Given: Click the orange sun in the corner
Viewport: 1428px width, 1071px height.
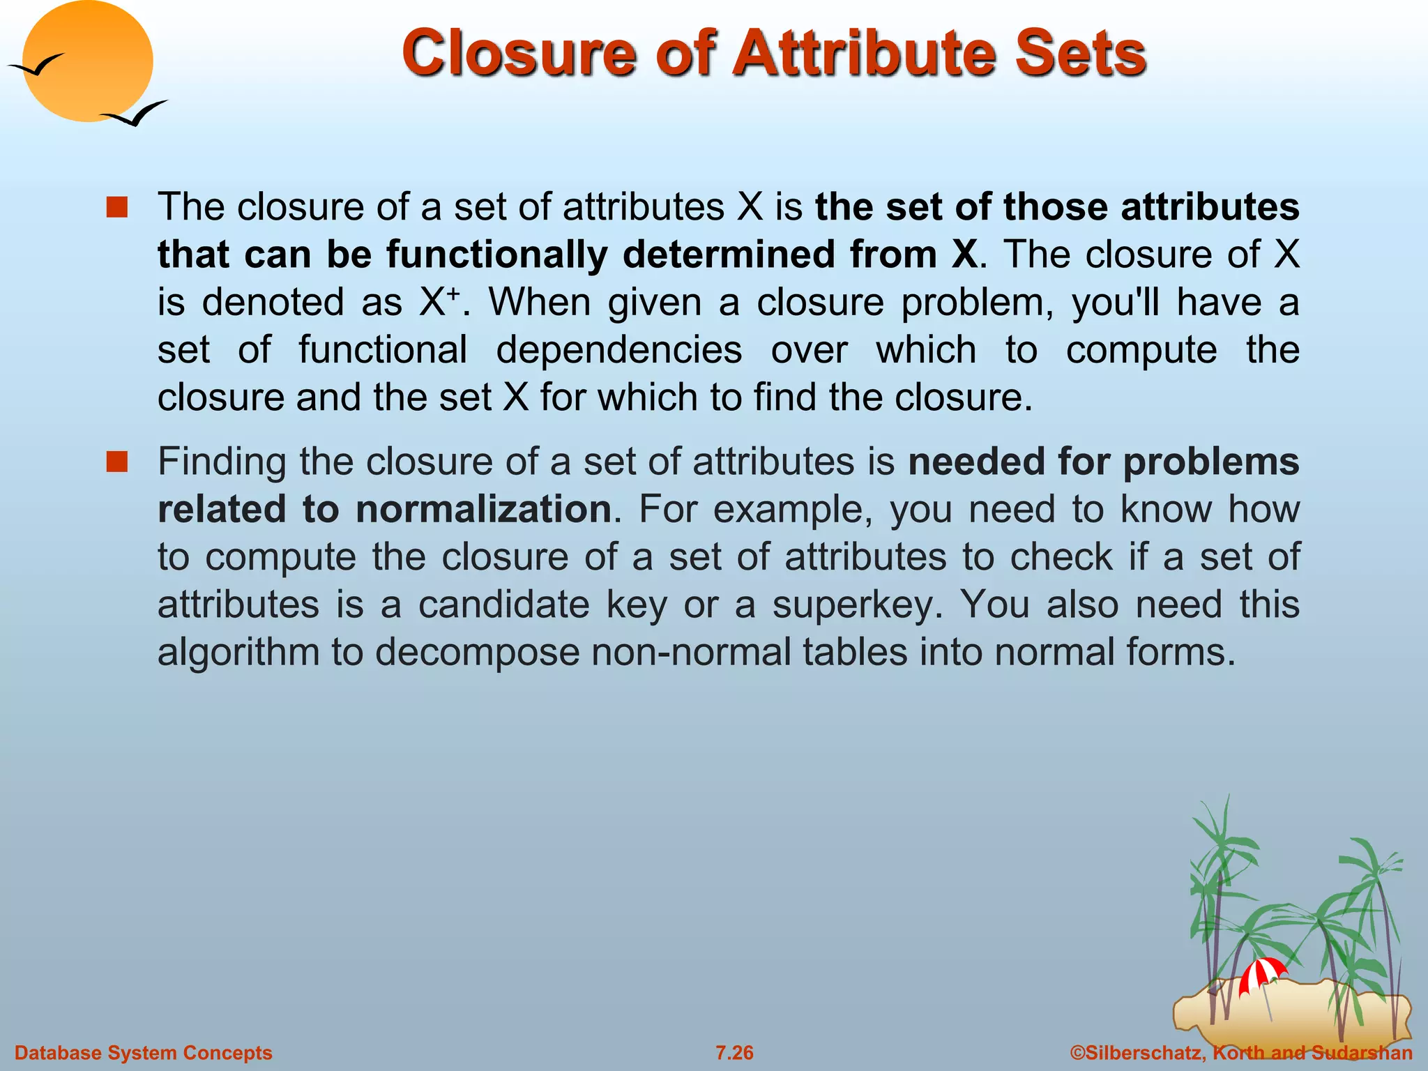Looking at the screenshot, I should [87, 61].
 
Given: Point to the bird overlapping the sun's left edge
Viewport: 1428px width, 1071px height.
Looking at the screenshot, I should [36, 66].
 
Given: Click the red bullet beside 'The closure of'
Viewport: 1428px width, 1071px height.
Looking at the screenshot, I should [117, 207].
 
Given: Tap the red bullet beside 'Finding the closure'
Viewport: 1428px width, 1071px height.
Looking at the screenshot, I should [117, 462].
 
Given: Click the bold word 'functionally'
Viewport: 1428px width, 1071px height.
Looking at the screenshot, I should [497, 255].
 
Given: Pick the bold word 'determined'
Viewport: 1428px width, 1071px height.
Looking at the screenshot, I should [728, 255].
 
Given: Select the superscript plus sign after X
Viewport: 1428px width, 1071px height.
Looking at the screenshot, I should [453, 293].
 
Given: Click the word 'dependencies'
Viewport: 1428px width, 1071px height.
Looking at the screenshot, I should [618, 350].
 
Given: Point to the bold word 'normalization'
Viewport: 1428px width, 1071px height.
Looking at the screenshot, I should [483, 509].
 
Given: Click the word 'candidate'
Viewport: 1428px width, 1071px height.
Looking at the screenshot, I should [503, 604].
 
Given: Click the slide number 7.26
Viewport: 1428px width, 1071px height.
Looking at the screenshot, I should [734, 1053].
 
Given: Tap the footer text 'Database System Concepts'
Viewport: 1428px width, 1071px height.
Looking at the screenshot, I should [144, 1053].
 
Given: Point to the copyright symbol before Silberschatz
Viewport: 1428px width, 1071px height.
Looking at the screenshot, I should [1077, 1053].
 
